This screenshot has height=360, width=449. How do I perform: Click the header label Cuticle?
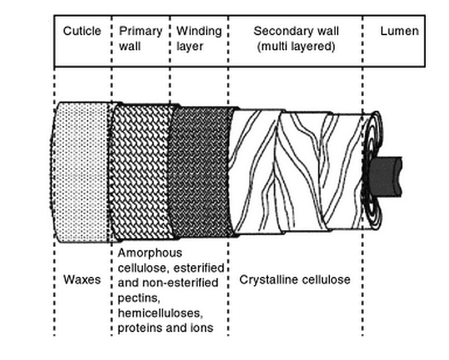pyautogui.click(x=82, y=31)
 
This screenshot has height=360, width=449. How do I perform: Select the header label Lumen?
pyautogui.click(x=399, y=31)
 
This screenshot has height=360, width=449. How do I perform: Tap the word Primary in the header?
pyautogui.click(x=140, y=31)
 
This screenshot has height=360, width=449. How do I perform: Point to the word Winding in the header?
pyautogui.click(x=199, y=31)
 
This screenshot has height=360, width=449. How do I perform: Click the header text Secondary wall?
pyautogui.click(x=296, y=31)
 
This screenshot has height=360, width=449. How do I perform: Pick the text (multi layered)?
pyautogui.click(x=296, y=47)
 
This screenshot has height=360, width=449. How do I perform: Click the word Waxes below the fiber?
pyautogui.click(x=82, y=280)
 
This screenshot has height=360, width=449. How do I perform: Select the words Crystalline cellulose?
pyautogui.click(x=295, y=280)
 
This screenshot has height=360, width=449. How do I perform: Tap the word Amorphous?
pyautogui.click(x=150, y=253)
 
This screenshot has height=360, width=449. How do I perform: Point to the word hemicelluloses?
pyautogui.click(x=157, y=313)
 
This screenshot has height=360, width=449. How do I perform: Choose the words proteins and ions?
pyautogui.click(x=165, y=328)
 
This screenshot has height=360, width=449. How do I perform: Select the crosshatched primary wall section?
pyautogui.click(x=142, y=172)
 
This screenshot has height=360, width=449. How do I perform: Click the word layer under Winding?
pyautogui.click(x=190, y=47)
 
